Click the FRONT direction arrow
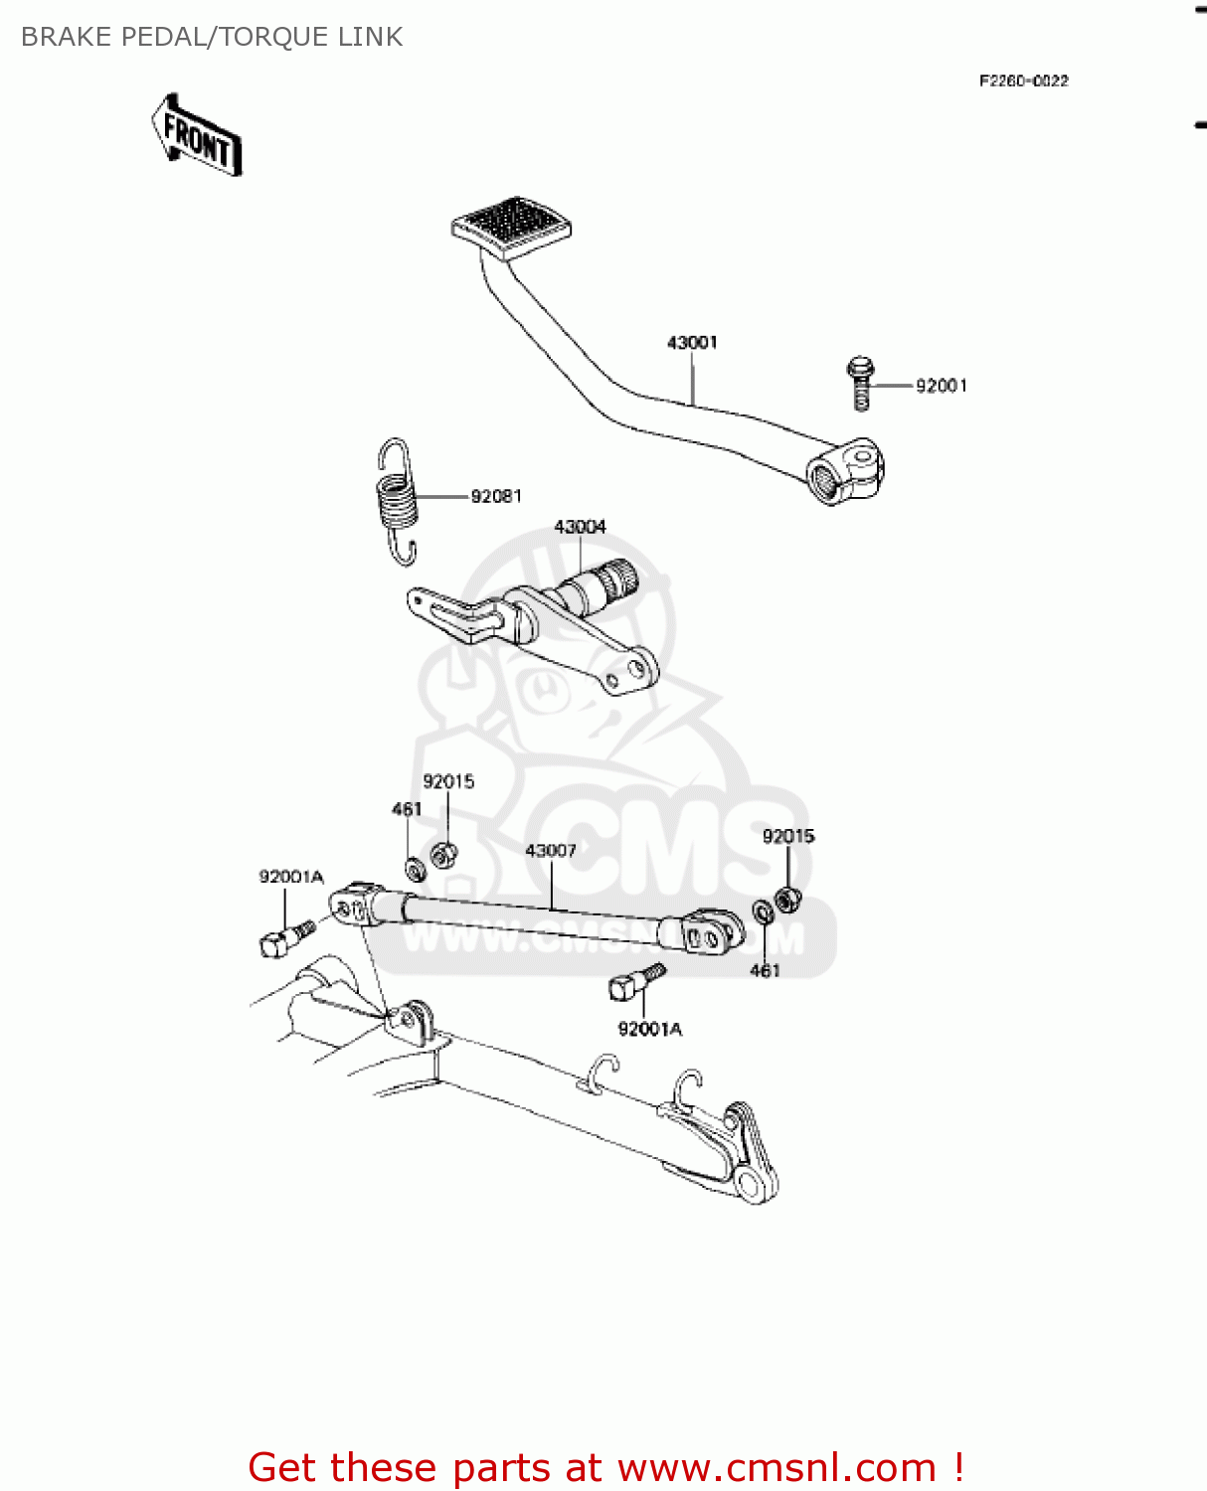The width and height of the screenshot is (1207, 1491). tap(197, 136)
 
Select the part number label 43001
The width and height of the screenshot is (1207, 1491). tap(692, 343)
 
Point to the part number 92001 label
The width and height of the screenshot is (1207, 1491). tap(941, 386)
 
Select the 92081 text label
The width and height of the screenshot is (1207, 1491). tap(496, 496)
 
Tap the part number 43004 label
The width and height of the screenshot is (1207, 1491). tap(580, 527)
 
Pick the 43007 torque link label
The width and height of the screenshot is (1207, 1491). tap(551, 851)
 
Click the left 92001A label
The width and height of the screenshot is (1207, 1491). tap(291, 877)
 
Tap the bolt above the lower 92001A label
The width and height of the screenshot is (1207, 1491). tap(634, 982)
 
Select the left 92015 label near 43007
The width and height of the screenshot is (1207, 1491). tap(448, 782)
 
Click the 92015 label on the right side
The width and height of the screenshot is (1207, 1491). tap(788, 836)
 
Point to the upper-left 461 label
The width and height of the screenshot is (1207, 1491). tap(407, 809)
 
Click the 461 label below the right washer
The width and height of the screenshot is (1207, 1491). tap(765, 970)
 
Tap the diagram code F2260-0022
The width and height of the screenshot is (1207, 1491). tap(1023, 82)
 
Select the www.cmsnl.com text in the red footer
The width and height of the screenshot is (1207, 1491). tap(776, 1467)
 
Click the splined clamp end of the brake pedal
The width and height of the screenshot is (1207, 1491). tap(844, 474)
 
